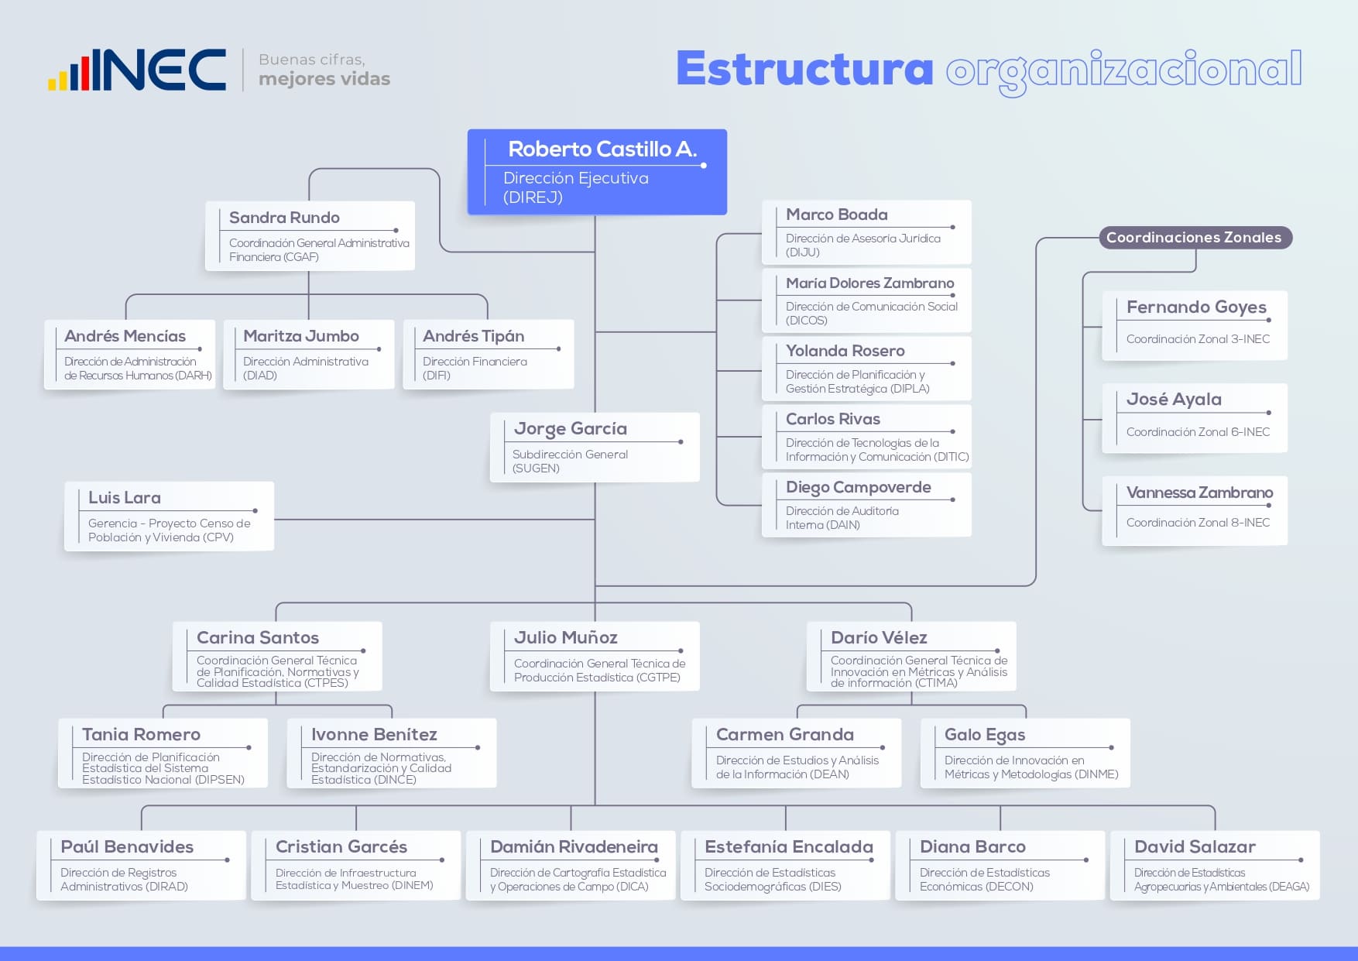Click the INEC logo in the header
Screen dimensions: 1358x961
click(137, 70)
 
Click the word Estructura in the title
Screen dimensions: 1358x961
click(804, 68)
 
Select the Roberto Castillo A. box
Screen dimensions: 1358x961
click(597, 172)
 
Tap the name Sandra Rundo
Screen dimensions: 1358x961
click(284, 218)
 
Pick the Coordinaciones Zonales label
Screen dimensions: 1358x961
click(1195, 238)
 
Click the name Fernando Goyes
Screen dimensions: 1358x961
click(1196, 307)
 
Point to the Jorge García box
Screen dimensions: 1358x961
click(595, 447)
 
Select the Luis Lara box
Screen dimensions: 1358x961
click(169, 516)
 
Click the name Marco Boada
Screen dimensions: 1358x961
click(837, 215)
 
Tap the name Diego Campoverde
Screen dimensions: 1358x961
click(859, 487)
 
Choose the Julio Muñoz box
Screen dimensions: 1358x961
click(595, 656)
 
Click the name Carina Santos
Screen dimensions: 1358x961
click(258, 637)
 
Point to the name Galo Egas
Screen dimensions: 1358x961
click(985, 735)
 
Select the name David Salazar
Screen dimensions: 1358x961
click(1195, 846)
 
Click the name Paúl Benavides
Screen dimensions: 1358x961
click(127, 846)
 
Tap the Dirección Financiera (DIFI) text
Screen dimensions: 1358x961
click(475, 368)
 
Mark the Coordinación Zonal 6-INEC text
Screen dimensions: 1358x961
click(1198, 432)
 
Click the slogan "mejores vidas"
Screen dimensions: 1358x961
click(324, 79)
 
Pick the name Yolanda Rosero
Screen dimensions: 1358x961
click(845, 351)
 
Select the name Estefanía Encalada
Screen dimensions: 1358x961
click(789, 846)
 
